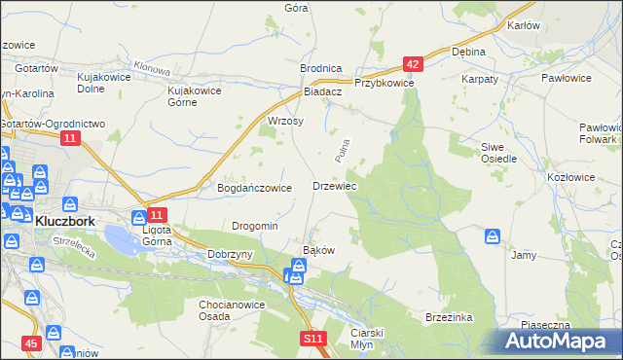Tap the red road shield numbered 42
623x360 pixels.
click(414, 64)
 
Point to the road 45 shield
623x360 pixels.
click(31, 343)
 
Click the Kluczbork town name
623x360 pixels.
click(64, 222)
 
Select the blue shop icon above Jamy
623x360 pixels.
click(493, 236)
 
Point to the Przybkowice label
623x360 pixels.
click(385, 84)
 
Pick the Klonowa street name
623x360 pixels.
click(153, 66)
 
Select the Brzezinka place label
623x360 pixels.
click(449, 317)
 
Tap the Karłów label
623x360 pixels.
click(524, 25)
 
